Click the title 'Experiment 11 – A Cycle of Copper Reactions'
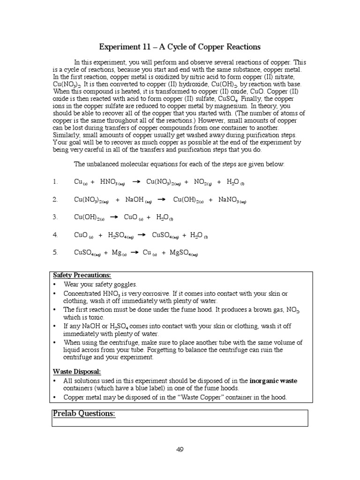180,47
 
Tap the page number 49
180,450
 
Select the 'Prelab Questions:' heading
84,414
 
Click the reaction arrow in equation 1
136,182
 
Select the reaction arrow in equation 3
113,217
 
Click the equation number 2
55,200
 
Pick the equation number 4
55,235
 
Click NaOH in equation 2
136,200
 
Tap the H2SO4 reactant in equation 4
120,235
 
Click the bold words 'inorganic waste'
273,381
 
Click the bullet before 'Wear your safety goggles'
55,285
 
